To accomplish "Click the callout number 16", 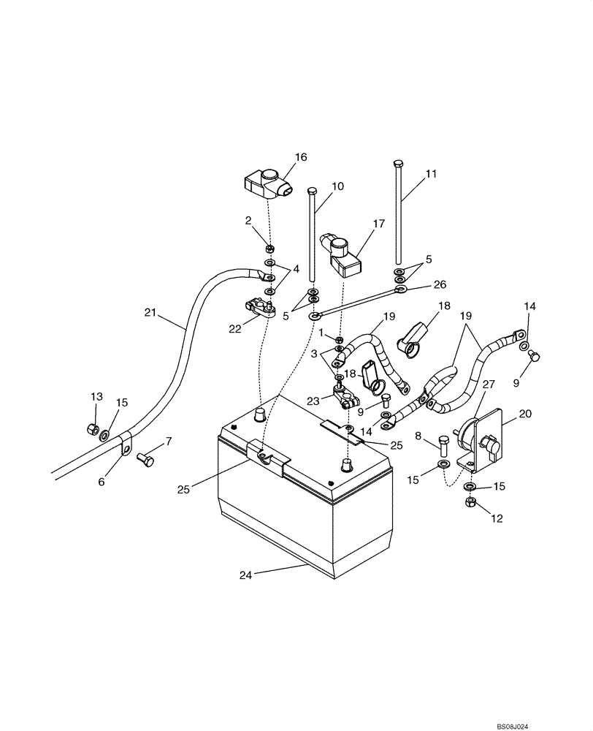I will click(x=300, y=157).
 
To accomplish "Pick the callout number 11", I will click(x=431, y=174).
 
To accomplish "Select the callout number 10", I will click(x=337, y=186).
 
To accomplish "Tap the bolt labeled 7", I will click(x=144, y=461).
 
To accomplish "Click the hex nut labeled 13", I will click(x=93, y=428).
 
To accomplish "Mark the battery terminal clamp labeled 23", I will click(x=345, y=395).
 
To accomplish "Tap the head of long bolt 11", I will click(x=397, y=162).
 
